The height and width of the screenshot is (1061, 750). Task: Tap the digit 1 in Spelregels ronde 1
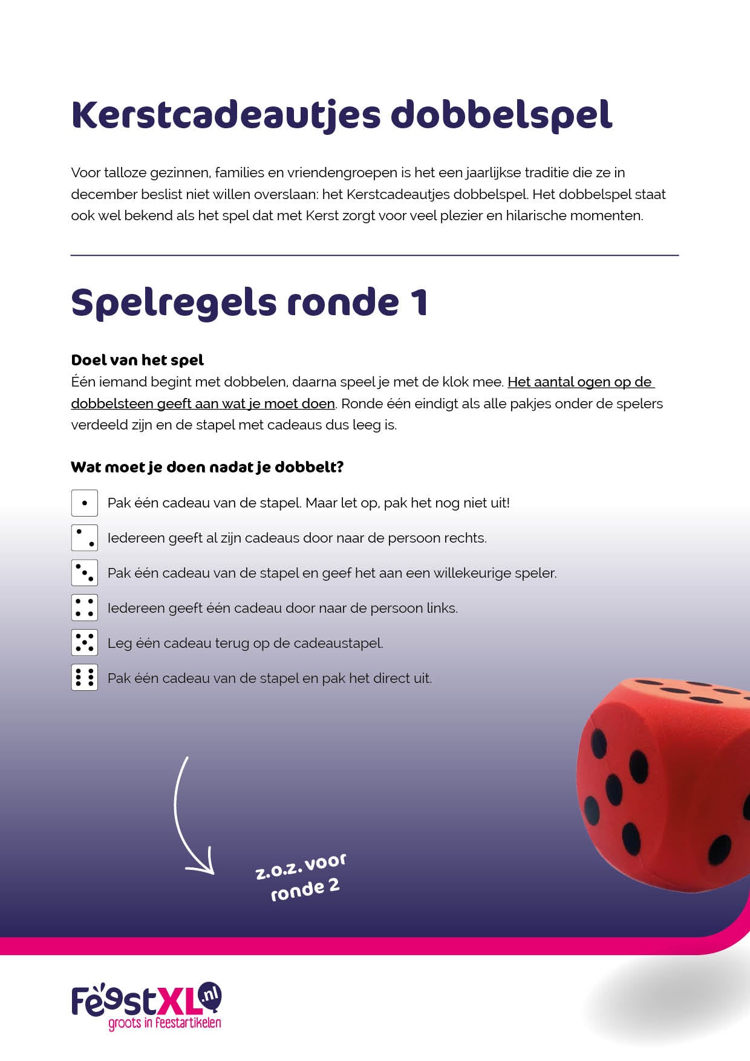pos(419,302)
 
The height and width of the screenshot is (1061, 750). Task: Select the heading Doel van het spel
pos(137,360)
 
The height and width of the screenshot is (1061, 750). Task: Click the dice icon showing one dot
pos(85,503)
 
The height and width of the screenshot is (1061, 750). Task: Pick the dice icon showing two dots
pos(85,538)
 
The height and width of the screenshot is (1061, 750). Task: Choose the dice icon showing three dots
pos(85,573)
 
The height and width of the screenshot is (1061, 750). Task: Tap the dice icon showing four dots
pos(85,608)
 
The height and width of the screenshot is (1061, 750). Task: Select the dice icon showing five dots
pos(85,643)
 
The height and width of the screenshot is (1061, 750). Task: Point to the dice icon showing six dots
pos(85,678)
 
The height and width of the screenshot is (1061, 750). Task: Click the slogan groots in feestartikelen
pos(165,1023)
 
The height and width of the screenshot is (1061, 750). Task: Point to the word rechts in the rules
pos(465,538)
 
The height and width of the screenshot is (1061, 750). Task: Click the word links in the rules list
pos(441,608)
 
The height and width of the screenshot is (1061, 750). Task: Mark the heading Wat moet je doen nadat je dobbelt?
pos(207,467)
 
